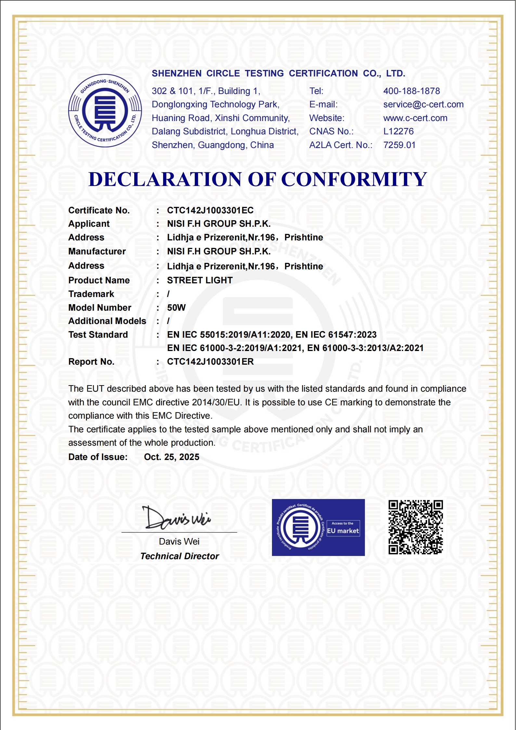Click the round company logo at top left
[105, 111]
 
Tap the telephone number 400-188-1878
[411, 91]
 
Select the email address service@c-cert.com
[423, 104]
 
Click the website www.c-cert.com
[415, 118]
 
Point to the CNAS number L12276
[398, 131]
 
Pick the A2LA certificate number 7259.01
[399, 145]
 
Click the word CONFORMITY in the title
[354, 179]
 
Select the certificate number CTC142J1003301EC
[210, 210]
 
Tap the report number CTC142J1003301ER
[210, 362]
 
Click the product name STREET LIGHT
[200, 280]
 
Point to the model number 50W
[176, 308]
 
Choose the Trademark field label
[91, 294]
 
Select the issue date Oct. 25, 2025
[172, 457]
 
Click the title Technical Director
[179, 556]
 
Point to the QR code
[416, 527]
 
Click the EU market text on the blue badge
[343, 531]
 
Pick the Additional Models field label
[107, 321]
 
